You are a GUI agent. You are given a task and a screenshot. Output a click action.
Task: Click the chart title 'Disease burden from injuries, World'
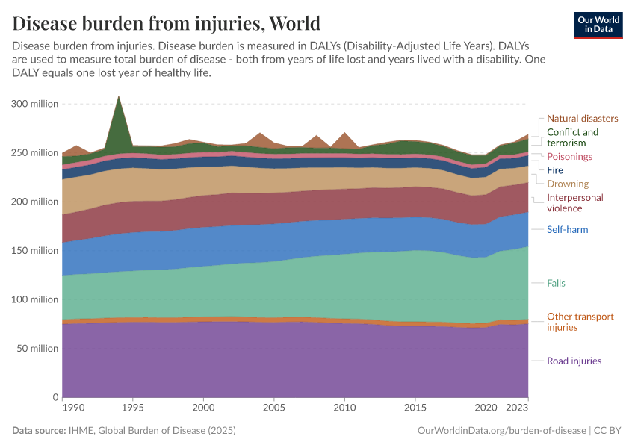pos(167,22)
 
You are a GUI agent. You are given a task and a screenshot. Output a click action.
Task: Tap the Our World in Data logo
pos(599,25)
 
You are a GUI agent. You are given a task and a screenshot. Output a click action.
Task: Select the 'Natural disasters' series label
pos(582,118)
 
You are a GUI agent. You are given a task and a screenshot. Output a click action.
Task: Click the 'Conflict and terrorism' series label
pos(572,137)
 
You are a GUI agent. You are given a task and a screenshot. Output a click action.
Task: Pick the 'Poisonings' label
pos(569,157)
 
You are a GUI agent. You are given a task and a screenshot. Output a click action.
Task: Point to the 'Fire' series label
pos(555,170)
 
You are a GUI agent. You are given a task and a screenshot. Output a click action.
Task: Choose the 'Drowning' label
pos(568,184)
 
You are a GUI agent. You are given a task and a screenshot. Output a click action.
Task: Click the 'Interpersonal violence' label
pos(575,203)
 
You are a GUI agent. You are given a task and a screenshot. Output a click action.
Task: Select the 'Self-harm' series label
pos(568,230)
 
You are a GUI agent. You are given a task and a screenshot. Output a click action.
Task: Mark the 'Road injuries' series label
pos(574,361)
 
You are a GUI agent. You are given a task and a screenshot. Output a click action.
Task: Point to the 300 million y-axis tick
pos(34,104)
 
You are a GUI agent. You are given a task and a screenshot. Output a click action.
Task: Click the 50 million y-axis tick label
pos(34,348)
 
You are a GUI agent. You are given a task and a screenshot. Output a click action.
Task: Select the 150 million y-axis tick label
pos(34,250)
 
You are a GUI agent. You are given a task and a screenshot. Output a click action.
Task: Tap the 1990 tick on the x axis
pos(73,408)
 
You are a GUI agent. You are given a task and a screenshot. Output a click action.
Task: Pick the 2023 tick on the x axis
pos(517,408)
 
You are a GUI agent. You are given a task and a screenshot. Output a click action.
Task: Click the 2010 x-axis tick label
pos(344,408)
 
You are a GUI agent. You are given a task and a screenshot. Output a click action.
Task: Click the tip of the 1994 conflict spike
pos(118,96)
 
